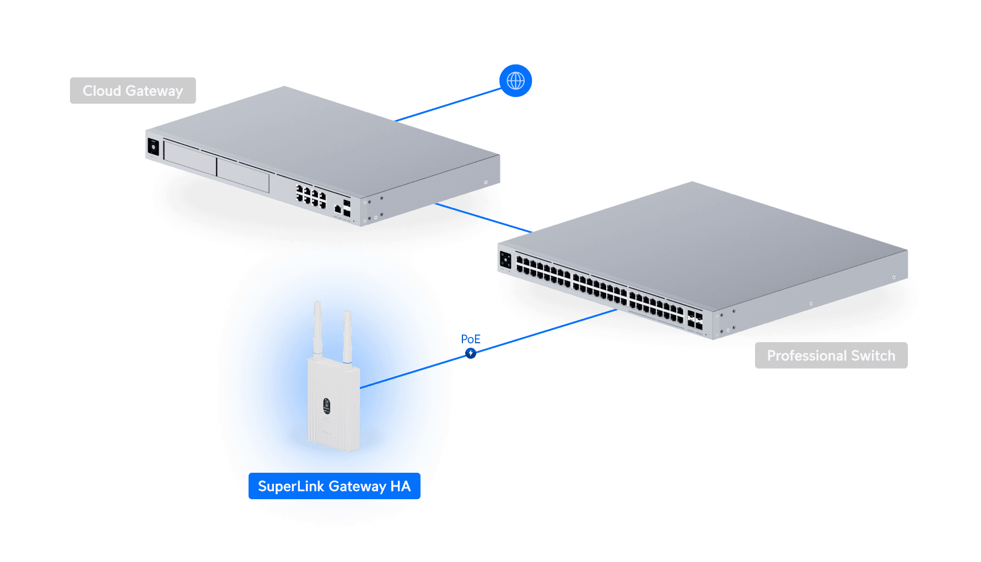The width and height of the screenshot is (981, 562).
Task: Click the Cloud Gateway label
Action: click(133, 91)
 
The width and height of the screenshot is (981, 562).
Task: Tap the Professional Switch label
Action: click(831, 355)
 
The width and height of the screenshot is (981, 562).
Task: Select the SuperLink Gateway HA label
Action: click(334, 486)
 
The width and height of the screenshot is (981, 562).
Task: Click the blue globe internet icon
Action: click(515, 80)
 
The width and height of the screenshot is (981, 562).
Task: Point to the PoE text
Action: click(471, 339)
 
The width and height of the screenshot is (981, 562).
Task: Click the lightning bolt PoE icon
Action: click(470, 353)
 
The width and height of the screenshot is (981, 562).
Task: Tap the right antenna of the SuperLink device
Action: click(347, 336)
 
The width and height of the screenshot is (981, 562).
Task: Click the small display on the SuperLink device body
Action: click(326, 406)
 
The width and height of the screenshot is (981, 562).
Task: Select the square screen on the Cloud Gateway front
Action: click(153, 147)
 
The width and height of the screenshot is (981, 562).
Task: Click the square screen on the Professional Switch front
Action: click(505, 260)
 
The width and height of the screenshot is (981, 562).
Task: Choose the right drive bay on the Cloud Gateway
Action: click(243, 175)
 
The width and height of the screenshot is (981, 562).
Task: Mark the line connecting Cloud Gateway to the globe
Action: click(448, 104)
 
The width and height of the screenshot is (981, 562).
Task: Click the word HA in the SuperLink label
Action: click(400, 486)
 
